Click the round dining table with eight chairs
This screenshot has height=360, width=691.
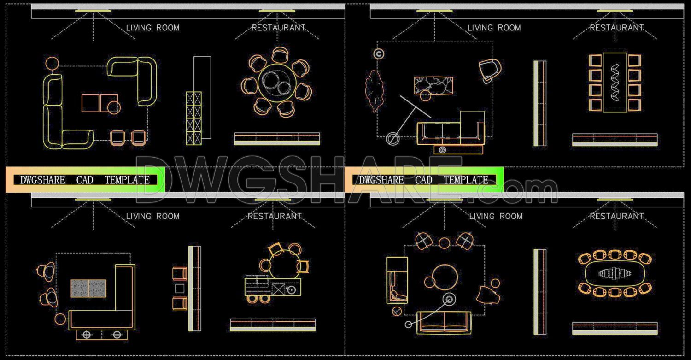click(277, 83)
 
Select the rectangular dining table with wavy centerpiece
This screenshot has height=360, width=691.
click(615, 82)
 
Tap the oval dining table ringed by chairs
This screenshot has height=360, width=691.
click(615, 274)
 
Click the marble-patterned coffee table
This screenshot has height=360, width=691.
click(433, 85)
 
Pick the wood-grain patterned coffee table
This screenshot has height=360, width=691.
click(88, 288)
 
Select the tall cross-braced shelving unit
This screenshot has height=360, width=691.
click(193, 117)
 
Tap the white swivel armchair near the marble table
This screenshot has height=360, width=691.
click(489, 70)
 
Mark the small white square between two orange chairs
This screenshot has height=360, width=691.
click(180, 289)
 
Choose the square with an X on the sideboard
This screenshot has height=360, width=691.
click(279, 289)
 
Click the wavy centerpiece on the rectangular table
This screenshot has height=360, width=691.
click(615, 82)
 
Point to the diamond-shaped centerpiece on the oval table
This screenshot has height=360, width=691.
click(615, 274)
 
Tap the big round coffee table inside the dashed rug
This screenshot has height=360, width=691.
click(445, 277)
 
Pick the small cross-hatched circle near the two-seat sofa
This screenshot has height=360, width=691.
click(396, 312)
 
